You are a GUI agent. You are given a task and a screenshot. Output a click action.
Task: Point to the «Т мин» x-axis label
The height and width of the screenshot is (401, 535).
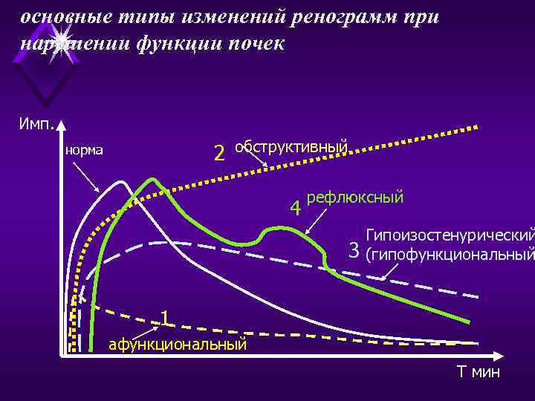479,372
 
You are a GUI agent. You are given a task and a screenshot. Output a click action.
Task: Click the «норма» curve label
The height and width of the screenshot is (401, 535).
84,151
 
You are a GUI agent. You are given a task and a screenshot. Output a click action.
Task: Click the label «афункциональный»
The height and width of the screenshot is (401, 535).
178,344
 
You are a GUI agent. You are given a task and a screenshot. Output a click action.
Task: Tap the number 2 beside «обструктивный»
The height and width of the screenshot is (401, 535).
219,154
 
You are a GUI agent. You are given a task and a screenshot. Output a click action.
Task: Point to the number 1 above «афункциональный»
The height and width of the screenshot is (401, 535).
165,318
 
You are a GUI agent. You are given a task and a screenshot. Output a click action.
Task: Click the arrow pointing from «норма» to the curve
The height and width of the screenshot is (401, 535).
97,178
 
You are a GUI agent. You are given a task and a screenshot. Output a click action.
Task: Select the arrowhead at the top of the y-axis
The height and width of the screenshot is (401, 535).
62,128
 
